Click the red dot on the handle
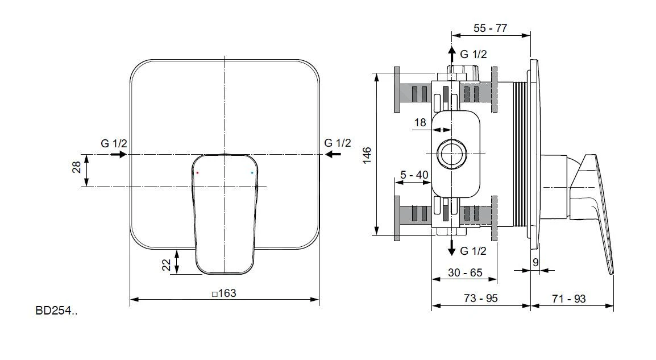click(x=197, y=172)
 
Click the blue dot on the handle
click(x=251, y=172)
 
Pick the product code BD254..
click(x=56, y=311)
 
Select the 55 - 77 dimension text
click(x=491, y=27)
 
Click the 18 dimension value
click(x=420, y=122)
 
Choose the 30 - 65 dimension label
click(x=464, y=273)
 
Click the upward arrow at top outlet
click(x=451, y=55)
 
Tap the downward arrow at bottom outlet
click(x=451, y=248)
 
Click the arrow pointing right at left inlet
click(x=119, y=154)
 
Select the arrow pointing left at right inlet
click(x=333, y=154)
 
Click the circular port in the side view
click(x=451, y=154)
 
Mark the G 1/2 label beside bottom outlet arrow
click(x=473, y=250)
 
